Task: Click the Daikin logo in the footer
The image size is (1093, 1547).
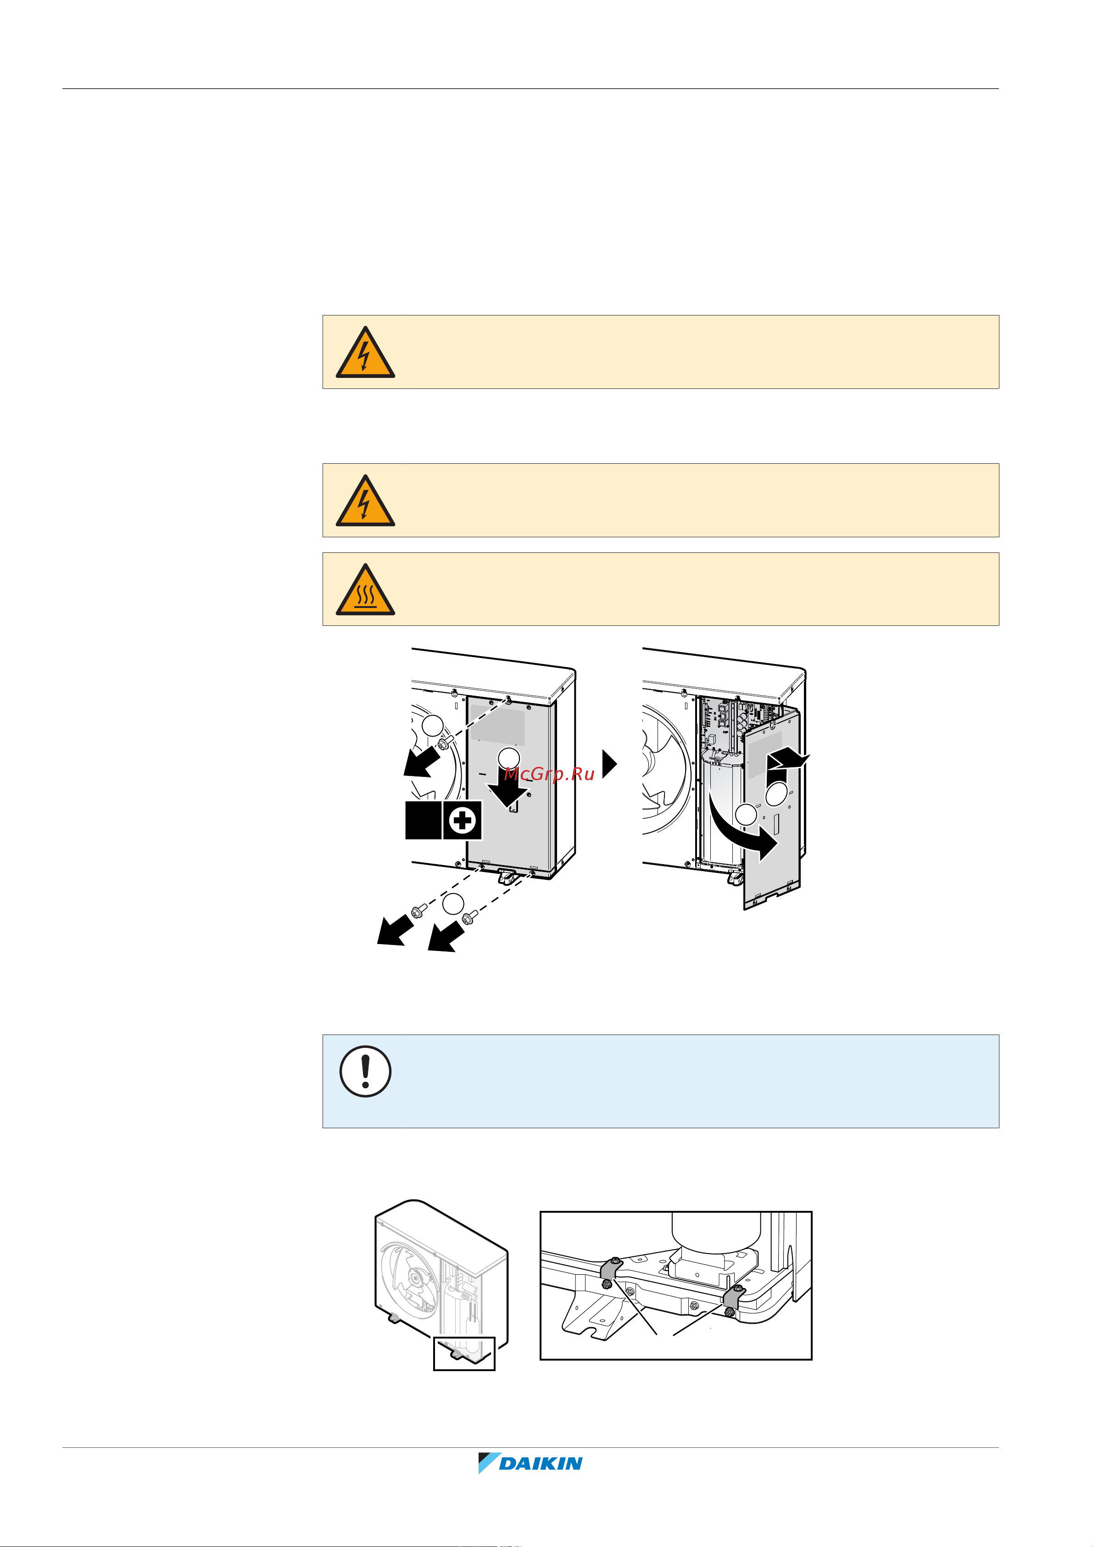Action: [x=530, y=1463]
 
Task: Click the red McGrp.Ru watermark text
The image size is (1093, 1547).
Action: [x=549, y=773]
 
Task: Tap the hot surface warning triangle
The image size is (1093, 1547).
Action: [x=365, y=590]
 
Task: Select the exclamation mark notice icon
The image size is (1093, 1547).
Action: [x=365, y=1071]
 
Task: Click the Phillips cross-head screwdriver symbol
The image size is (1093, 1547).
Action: [x=463, y=821]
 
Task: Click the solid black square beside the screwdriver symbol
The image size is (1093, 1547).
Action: [x=423, y=821]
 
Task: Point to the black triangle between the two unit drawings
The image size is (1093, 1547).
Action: [x=609, y=763]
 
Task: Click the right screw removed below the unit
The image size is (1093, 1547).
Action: [x=470, y=917]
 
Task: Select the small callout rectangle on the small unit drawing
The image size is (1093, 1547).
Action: [x=464, y=1354]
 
